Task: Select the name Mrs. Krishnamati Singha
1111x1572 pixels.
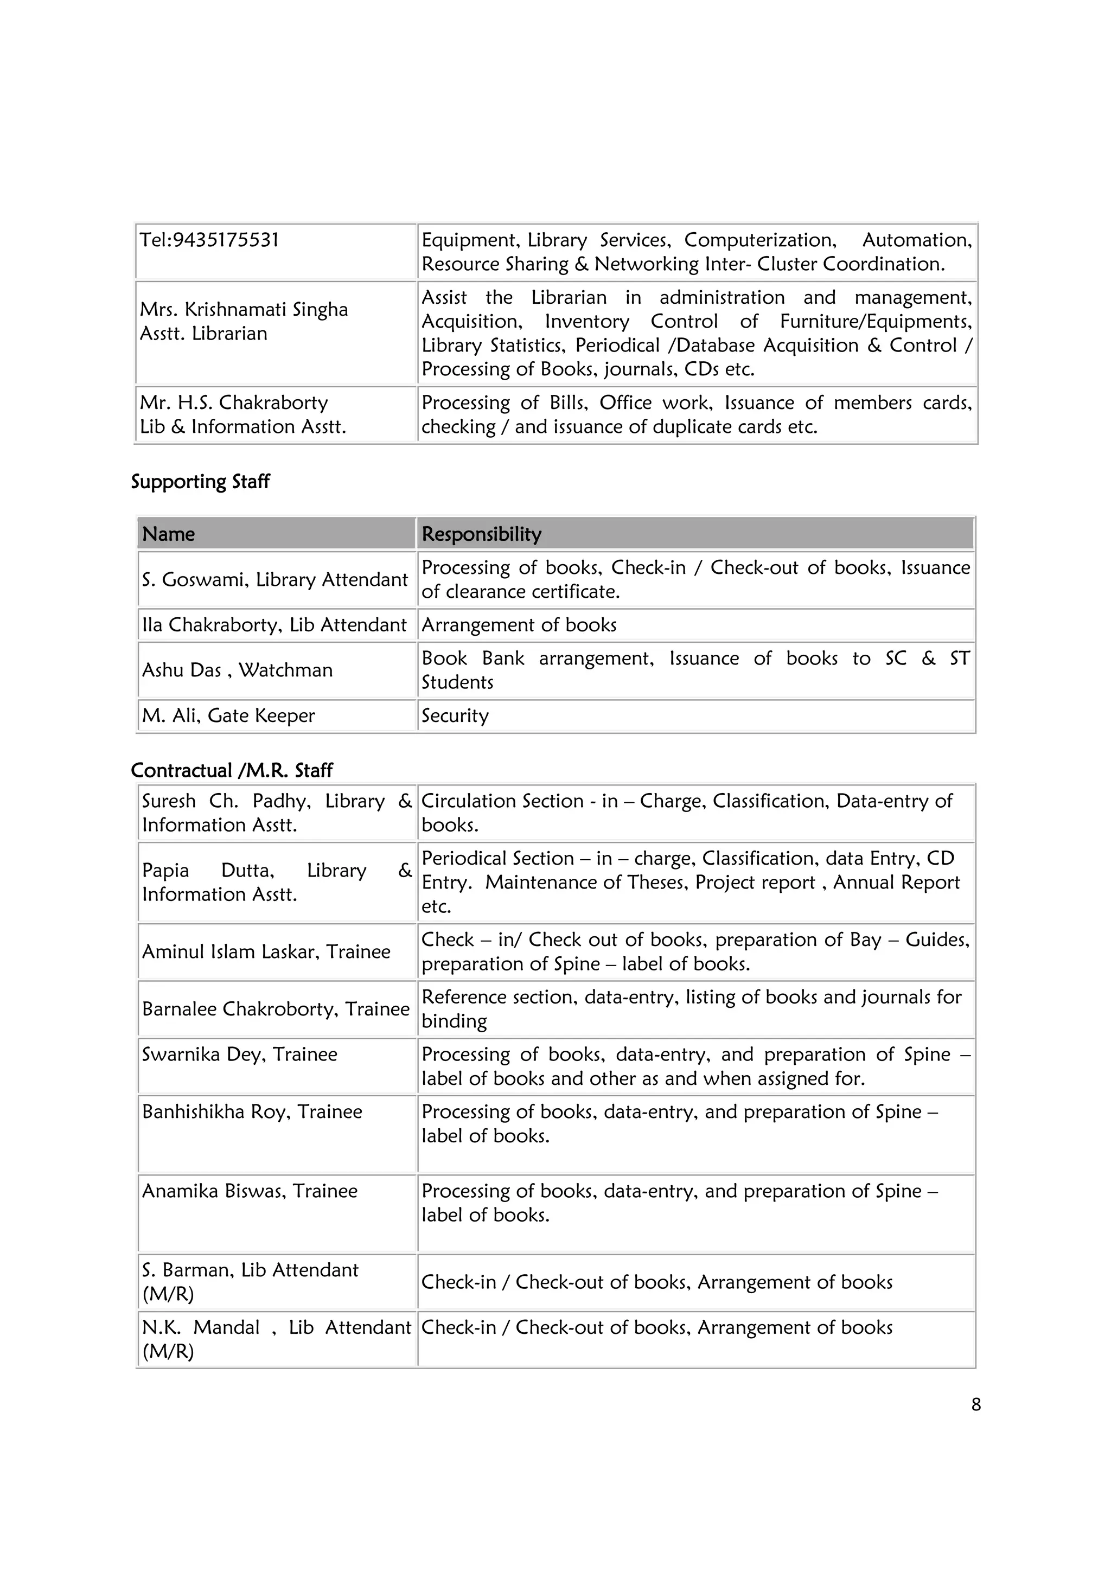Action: (244, 310)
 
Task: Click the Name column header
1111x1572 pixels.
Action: (168, 534)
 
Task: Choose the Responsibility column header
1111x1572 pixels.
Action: (481, 534)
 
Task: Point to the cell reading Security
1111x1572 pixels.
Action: (455, 716)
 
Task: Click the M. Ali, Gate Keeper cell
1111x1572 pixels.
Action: (228, 716)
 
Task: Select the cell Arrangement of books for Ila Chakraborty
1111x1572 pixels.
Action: (519, 625)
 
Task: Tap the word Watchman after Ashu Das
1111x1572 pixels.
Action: (285, 670)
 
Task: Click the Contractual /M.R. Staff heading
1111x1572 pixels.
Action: (232, 771)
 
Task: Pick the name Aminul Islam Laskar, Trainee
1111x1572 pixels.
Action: (266, 951)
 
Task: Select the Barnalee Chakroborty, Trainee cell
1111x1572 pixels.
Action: (275, 1009)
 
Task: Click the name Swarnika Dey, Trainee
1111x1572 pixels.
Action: (240, 1055)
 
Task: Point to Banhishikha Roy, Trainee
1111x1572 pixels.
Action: (252, 1112)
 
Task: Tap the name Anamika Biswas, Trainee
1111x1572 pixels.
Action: (249, 1191)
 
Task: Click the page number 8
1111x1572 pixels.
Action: (975, 1405)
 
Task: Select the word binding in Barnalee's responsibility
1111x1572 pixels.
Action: (454, 1021)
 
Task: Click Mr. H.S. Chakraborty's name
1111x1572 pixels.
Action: (233, 402)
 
